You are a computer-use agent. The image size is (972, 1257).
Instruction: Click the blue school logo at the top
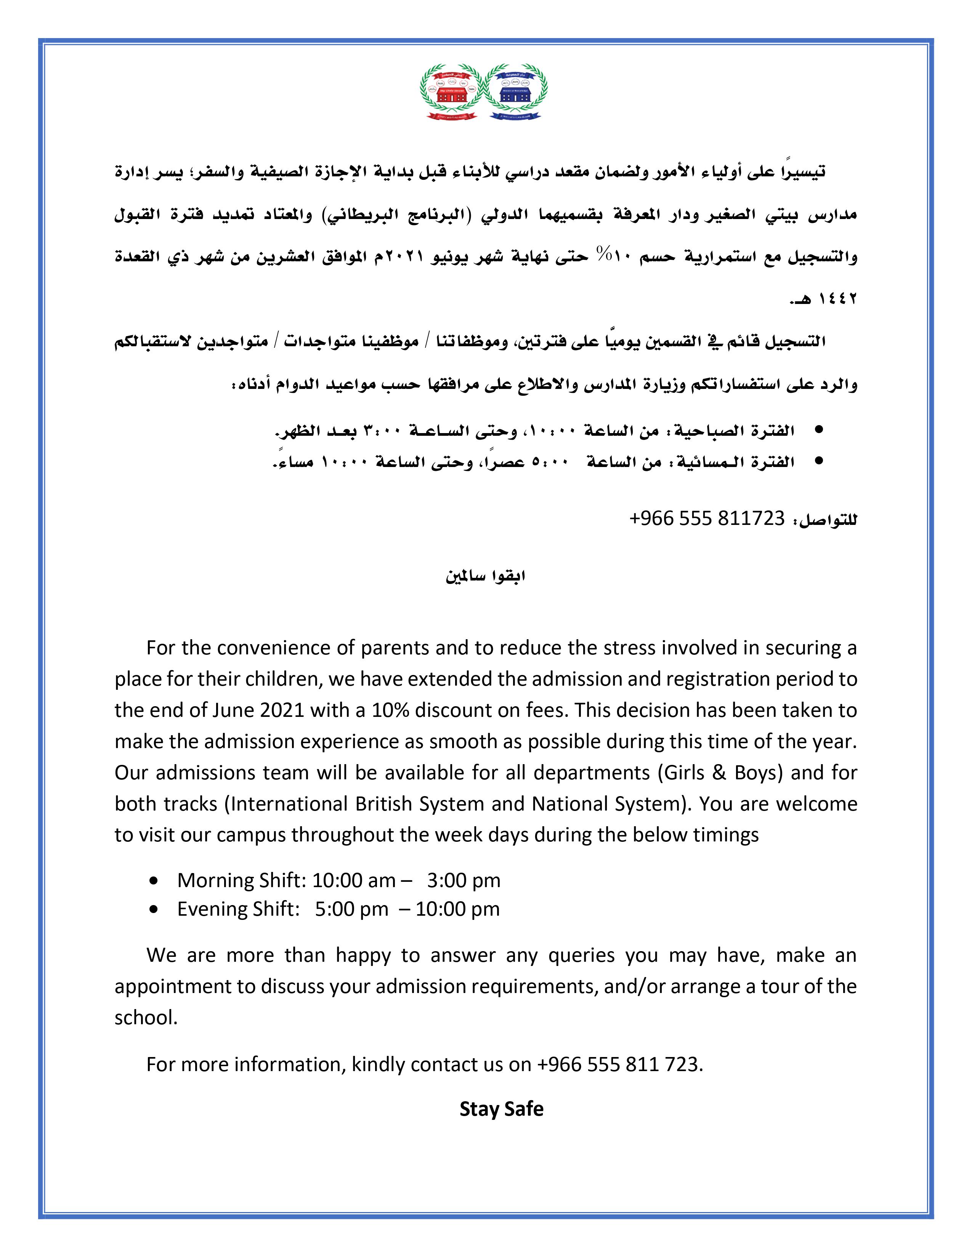[516, 92]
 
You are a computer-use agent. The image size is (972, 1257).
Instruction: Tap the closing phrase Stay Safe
[501, 1108]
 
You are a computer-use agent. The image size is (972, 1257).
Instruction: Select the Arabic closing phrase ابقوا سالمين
[485, 576]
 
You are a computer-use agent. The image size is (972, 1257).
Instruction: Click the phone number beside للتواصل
[707, 518]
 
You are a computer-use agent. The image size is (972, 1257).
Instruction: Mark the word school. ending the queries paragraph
[146, 1017]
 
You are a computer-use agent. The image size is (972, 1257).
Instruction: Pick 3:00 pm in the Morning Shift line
[464, 880]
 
